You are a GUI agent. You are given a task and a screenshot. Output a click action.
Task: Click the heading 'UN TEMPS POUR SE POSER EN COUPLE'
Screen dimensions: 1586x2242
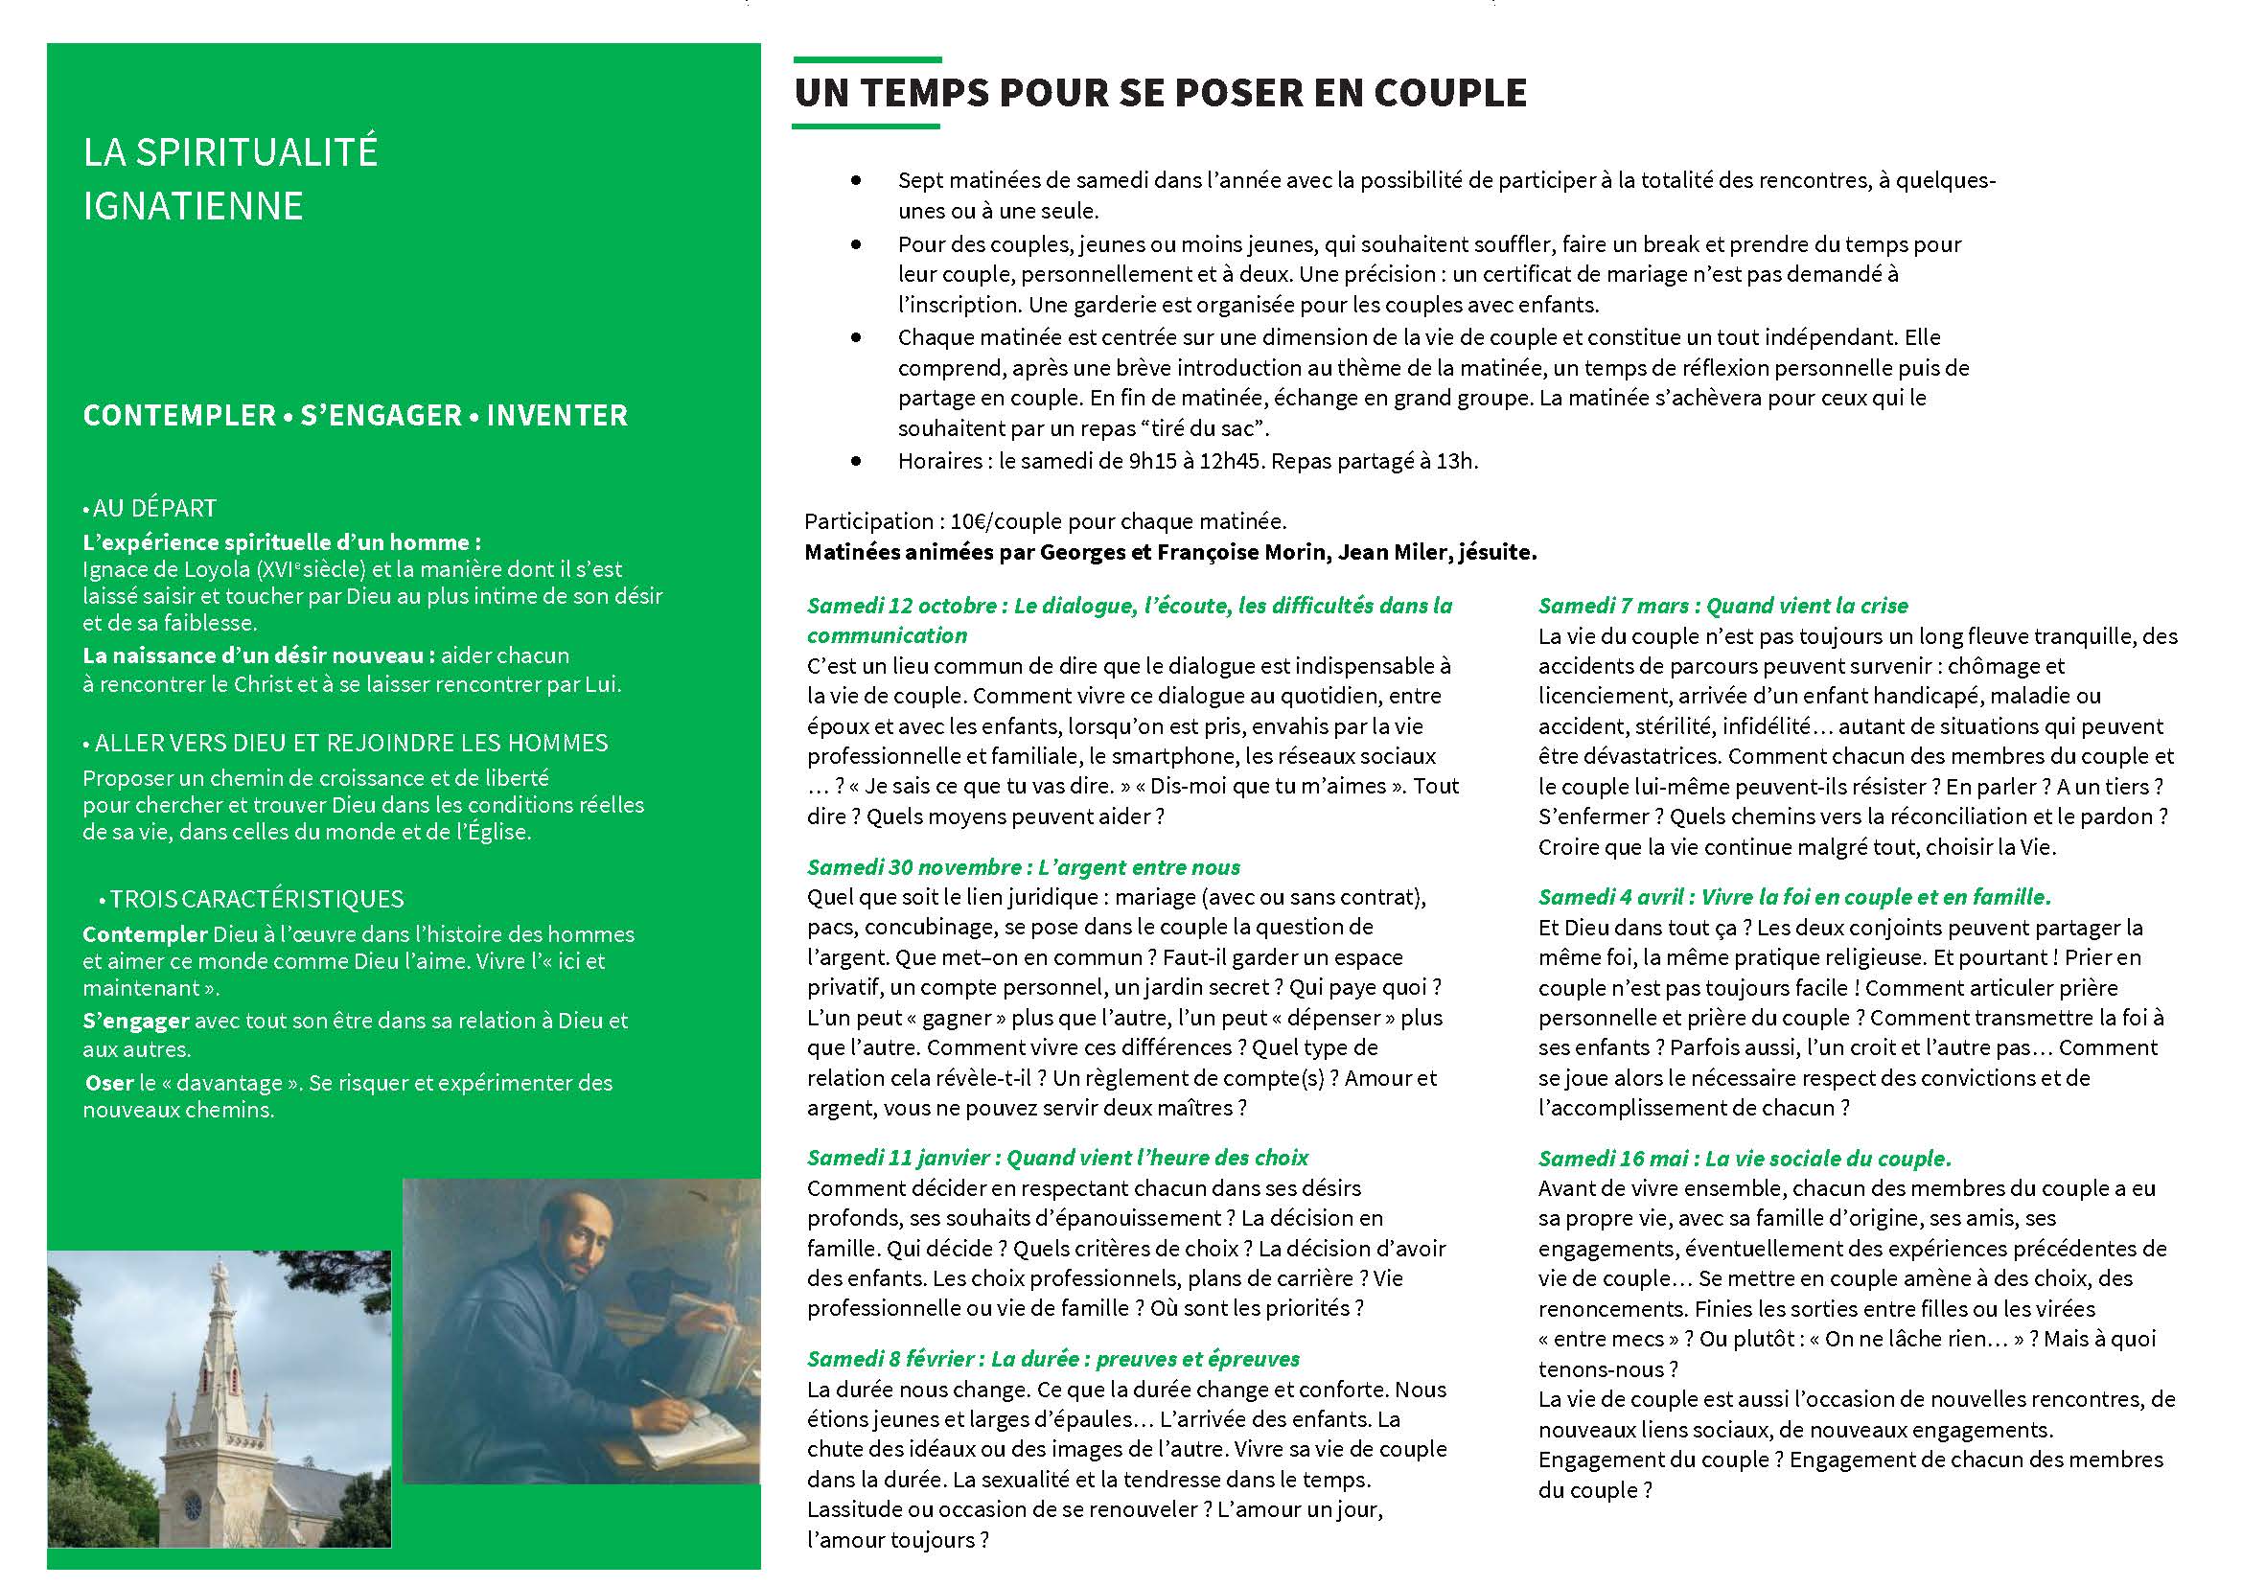coord(1160,93)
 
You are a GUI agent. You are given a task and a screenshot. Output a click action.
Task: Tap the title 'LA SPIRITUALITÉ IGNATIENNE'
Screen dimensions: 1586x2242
coord(230,178)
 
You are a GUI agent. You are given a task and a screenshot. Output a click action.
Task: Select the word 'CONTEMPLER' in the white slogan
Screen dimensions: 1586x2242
coord(179,415)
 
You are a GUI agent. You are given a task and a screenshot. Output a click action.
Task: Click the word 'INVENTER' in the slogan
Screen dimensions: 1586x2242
coord(557,415)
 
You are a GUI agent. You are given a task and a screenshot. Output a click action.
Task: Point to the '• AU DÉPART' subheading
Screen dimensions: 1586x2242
coord(150,508)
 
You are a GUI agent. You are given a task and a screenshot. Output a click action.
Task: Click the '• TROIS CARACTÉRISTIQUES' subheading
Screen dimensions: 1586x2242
coord(251,899)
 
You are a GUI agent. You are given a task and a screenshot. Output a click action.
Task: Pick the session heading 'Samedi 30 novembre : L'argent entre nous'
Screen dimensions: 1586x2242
coord(1023,867)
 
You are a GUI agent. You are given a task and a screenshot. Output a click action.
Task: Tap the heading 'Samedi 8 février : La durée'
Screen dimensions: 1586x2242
coord(1053,1360)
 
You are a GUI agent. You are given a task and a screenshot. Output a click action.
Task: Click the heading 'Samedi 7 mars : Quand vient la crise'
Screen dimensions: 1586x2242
coord(1722,606)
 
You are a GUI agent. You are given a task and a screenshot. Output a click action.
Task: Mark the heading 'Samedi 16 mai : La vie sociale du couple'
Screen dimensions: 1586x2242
coord(1744,1160)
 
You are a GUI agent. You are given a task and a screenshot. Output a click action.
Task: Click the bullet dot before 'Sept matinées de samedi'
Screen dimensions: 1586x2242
coord(857,182)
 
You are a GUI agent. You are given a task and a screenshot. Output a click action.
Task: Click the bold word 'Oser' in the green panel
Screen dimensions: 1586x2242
coord(109,1083)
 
